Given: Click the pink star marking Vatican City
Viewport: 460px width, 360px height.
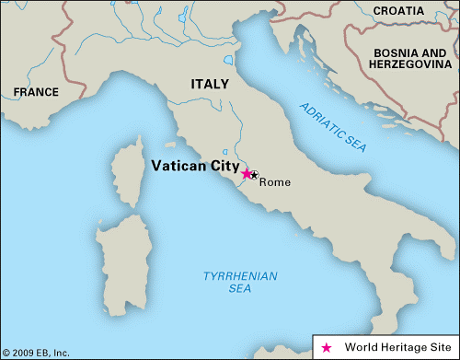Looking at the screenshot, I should click(x=246, y=173).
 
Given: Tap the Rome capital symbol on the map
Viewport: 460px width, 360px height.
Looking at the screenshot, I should click(x=255, y=175).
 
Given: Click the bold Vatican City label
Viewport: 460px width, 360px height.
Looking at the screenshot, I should click(x=194, y=167).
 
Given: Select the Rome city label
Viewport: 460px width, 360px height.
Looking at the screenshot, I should click(x=274, y=182).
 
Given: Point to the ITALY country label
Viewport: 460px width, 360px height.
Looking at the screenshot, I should click(x=210, y=84).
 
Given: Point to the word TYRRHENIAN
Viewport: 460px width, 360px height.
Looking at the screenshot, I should click(x=233, y=275).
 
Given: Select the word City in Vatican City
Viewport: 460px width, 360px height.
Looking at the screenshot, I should click(x=222, y=167).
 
